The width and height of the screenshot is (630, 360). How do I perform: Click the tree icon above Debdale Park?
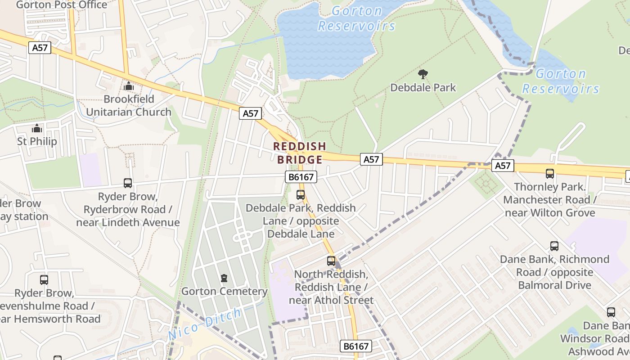[x=423, y=74]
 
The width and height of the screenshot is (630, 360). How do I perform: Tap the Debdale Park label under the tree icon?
[x=423, y=87]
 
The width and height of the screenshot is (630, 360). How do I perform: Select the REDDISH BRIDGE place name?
[x=300, y=153]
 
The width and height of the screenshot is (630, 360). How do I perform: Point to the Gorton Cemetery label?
[x=224, y=291]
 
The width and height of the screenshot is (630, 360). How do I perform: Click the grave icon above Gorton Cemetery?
[x=224, y=278]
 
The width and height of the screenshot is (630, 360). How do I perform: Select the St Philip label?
[x=37, y=141]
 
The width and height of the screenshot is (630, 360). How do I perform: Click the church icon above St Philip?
[x=37, y=129]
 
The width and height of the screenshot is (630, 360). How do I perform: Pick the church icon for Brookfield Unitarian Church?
[x=129, y=85]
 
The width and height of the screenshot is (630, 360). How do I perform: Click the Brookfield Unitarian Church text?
[x=129, y=105]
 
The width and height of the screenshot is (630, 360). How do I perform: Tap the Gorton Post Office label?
[x=62, y=5]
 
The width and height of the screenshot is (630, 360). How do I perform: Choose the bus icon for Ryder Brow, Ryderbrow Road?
[x=128, y=183]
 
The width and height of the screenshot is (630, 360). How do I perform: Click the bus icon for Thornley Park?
[x=549, y=174]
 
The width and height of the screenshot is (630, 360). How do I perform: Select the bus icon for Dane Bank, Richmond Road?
[x=554, y=246]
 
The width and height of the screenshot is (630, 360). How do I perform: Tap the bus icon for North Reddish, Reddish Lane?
[x=331, y=261]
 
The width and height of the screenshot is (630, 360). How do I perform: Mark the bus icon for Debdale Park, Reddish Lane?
[x=301, y=195]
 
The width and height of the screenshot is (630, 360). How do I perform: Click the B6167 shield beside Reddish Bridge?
[x=301, y=177]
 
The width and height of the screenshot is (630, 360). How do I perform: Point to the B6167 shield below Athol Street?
[x=355, y=346]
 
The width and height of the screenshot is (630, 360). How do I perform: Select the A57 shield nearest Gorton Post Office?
[x=40, y=48]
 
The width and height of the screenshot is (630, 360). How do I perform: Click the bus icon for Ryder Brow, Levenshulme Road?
[x=44, y=280]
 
